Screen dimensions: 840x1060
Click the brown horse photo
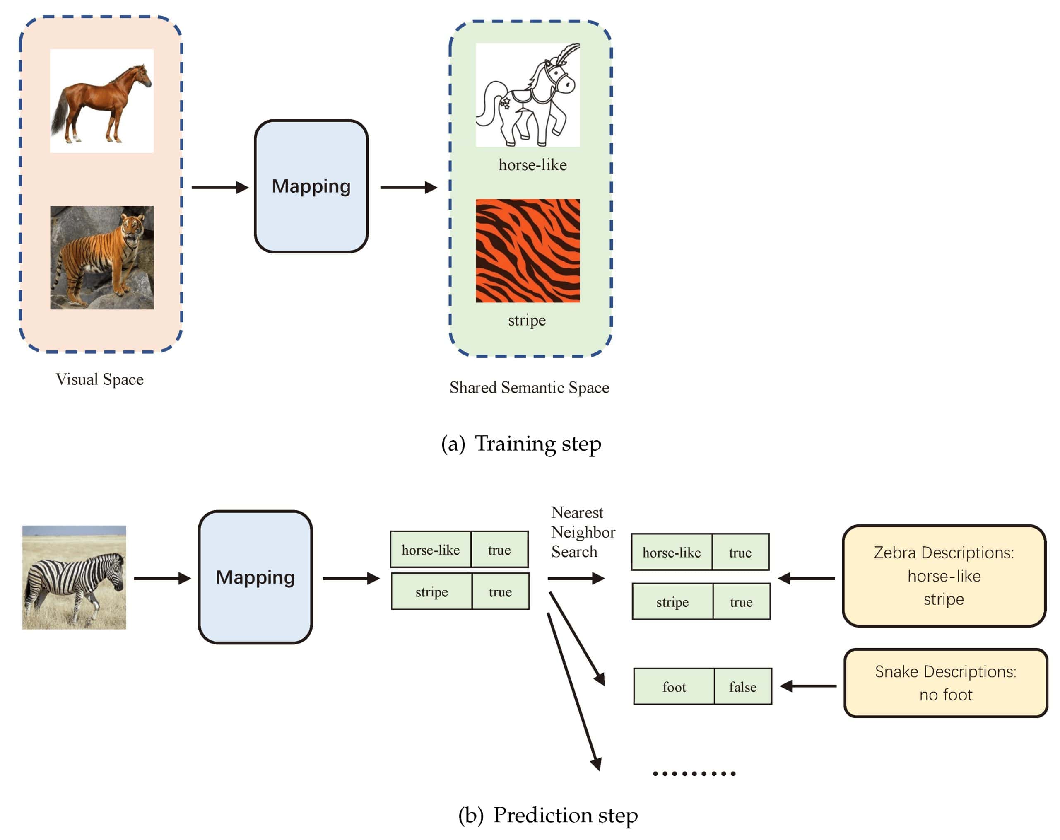102,101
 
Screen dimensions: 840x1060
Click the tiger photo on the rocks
102,257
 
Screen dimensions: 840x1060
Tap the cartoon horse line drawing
528,95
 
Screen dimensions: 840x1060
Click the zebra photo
74,577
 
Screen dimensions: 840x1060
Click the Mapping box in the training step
311,186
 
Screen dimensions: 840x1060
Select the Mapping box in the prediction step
255,577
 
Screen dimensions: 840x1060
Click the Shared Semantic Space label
530,388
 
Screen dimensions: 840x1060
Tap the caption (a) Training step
521,444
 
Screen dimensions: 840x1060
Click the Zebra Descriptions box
944,576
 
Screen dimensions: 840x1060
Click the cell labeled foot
674,687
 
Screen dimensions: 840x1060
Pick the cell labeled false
743,687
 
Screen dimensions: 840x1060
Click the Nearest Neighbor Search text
583,532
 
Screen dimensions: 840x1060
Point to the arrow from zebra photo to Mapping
162,578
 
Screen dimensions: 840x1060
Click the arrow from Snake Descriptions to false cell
808,686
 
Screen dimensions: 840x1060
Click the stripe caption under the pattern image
527,321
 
